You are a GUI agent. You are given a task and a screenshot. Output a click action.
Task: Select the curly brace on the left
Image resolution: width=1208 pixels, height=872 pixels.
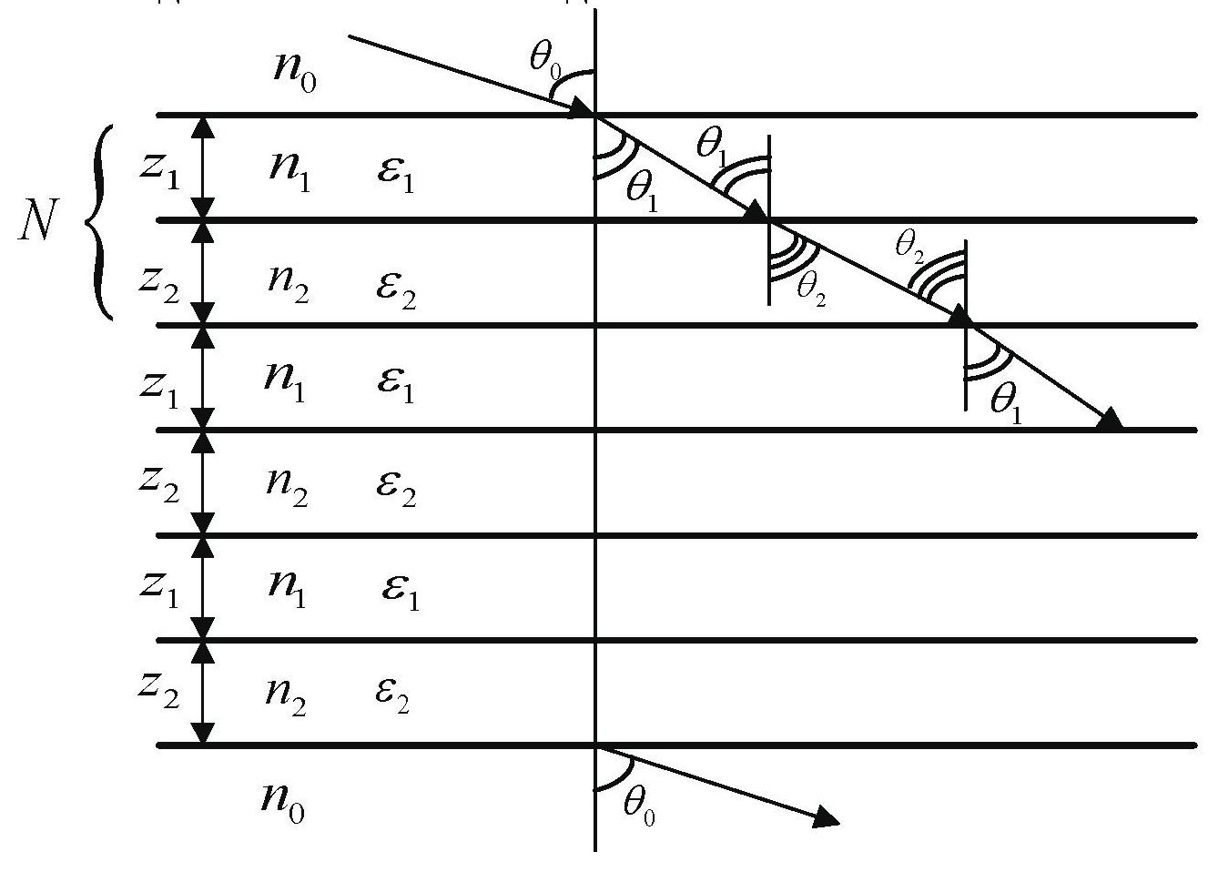click(98, 220)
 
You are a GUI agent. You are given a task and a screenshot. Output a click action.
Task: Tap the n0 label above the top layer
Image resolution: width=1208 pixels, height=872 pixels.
click(295, 72)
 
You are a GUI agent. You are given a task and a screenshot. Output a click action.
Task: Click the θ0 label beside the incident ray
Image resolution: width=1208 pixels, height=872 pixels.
click(545, 60)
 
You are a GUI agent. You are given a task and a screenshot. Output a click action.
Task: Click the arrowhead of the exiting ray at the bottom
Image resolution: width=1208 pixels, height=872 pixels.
click(825, 818)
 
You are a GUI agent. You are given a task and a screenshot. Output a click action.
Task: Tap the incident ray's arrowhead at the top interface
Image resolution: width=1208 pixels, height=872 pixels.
click(582, 110)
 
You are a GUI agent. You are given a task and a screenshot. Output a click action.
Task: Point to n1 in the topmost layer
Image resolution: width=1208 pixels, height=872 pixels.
click(290, 170)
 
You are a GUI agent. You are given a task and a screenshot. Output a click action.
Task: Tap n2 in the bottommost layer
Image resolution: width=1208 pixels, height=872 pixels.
click(286, 695)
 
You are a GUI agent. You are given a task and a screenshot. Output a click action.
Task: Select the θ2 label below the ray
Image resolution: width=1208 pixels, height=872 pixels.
click(811, 289)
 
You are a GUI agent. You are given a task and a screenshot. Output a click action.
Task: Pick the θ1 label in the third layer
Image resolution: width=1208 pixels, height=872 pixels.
click(1006, 401)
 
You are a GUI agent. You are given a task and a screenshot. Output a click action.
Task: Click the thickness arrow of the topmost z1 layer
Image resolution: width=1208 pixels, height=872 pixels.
click(204, 167)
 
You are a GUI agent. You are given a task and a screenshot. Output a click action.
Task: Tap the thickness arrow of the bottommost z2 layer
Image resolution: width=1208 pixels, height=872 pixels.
click(204, 693)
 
